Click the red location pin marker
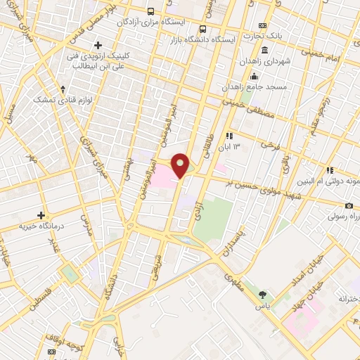tap(181, 165)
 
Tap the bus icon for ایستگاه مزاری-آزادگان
tap(150, 11)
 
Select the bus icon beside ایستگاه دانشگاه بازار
tap(202, 29)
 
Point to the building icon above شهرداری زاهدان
tap(264, 51)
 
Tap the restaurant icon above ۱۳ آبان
tap(229, 136)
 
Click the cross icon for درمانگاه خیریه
tap(41, 215)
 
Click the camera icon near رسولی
tap(349, 205)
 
